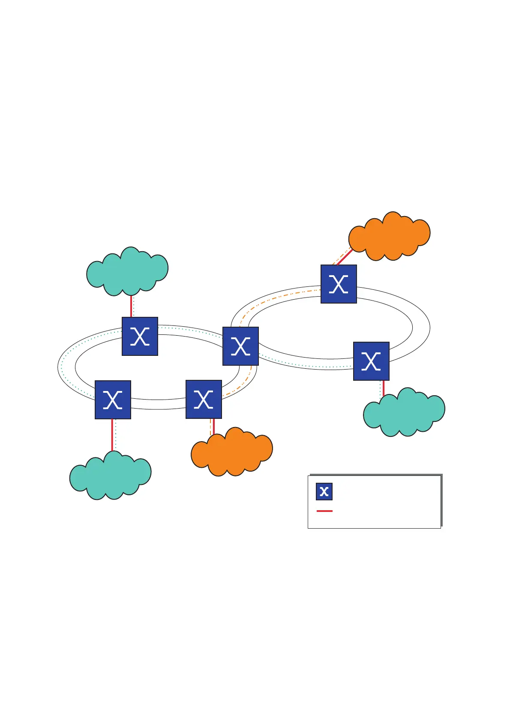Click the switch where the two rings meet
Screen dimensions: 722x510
pos(240,346)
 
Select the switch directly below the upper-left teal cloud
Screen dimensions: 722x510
pos(140,336)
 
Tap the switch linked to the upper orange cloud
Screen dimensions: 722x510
pos(339,284)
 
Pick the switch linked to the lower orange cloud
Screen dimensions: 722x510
pos(204,399)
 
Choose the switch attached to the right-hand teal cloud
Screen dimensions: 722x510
pos(371,361)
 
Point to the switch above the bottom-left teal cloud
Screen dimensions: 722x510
pos(113,400)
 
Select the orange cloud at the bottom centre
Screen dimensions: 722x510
pos(231,452)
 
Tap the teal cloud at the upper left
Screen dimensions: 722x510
pos(127,271)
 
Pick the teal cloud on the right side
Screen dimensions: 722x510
pos(404,412)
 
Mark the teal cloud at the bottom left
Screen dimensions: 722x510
pos(110,475)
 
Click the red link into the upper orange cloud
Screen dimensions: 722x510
pos(345,257)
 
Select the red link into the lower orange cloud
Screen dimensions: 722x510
pos(213,426)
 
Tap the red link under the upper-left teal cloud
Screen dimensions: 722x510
pos(131,306)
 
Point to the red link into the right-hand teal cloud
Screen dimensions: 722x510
pos(384,388)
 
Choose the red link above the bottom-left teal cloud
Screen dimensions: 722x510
pos(112,435)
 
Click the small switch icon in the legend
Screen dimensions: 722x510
pos(324,491)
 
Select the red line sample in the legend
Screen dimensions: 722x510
pos(324,511)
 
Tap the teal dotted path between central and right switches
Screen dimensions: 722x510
pos(306,365)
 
